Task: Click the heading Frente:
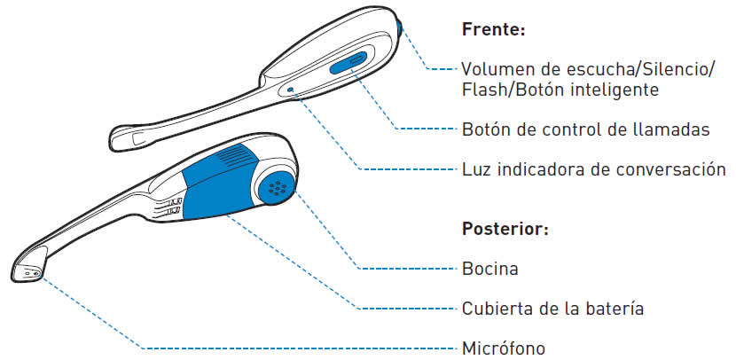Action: [494, 28]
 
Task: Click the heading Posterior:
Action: [505, 228]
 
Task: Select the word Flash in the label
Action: [482, 90]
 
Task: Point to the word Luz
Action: [476, 168]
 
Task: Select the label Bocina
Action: [489, 268]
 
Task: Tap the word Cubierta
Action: [497, 308]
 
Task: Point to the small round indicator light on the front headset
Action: [291, 90]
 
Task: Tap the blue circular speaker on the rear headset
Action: [277, 186]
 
